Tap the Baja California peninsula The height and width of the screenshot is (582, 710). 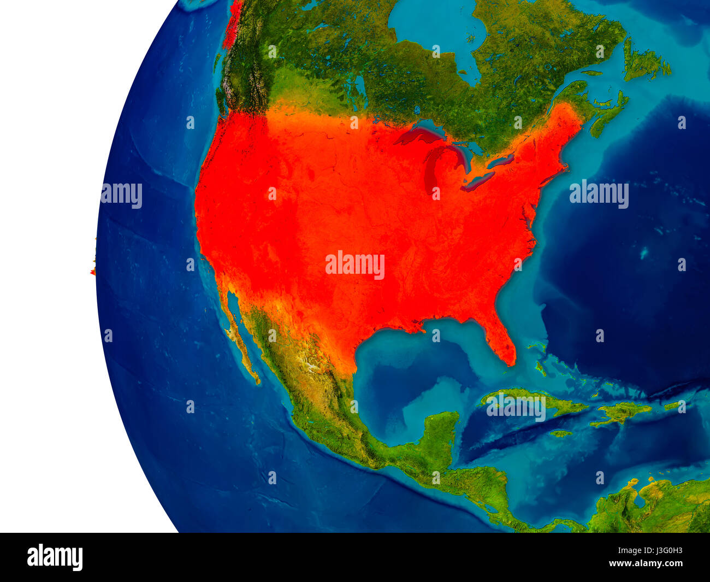[x=240, y=339]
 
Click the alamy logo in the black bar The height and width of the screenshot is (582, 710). [x=55, y=557]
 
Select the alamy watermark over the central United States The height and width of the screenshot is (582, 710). [x=355, y=265]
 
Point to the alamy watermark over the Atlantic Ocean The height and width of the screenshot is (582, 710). [x=599, y=194]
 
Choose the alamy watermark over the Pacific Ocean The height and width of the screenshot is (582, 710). [x=121, y=195]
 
